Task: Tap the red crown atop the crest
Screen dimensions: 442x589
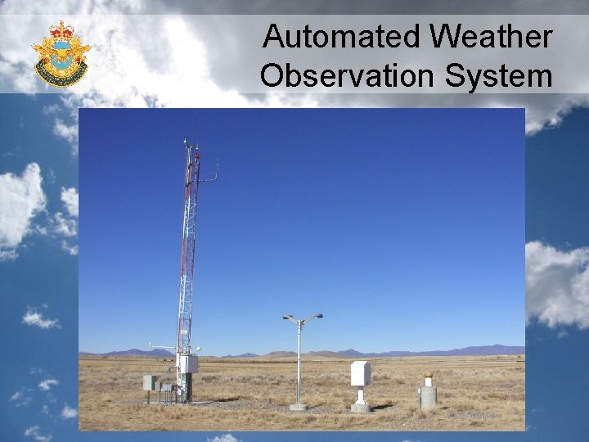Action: [x=61, y=30]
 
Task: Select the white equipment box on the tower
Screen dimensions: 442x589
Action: [x=187, y=363]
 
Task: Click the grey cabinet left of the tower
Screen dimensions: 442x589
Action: [x=149, y=382]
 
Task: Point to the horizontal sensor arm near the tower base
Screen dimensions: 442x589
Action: [x=161, y=346]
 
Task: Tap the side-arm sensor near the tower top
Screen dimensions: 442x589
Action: [x=212, y=175]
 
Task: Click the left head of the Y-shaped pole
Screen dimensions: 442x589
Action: [x=286, y=318]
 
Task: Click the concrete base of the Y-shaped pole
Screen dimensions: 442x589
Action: [x=299, y=406]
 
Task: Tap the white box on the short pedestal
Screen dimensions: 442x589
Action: [x=360, y=373]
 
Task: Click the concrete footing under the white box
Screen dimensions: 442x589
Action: [x=360, y=407]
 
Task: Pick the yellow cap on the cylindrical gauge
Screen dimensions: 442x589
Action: [x=427, y=375]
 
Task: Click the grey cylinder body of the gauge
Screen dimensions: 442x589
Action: [x=427, y=397]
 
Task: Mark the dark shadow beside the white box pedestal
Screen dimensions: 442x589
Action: [x=381, y=406]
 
